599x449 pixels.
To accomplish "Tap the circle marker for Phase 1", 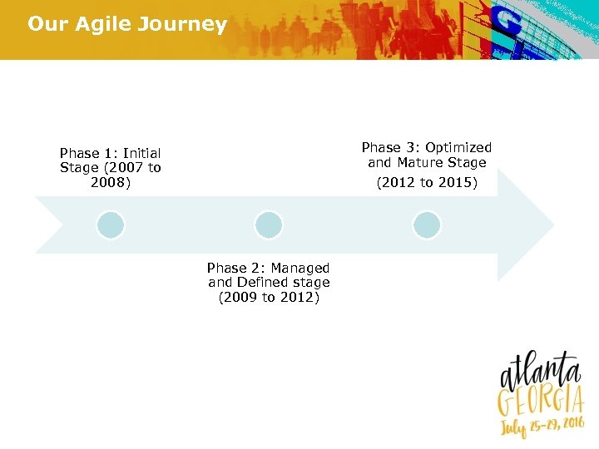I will [110, 225].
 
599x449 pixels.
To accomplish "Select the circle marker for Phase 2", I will [268, 225].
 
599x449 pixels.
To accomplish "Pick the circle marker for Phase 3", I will [427, 225].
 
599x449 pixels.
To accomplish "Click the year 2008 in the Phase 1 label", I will [111, 183].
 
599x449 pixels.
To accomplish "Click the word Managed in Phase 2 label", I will [299, 268].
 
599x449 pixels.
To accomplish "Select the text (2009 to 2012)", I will [268, 297].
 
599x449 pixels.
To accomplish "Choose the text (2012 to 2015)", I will [427, 183].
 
